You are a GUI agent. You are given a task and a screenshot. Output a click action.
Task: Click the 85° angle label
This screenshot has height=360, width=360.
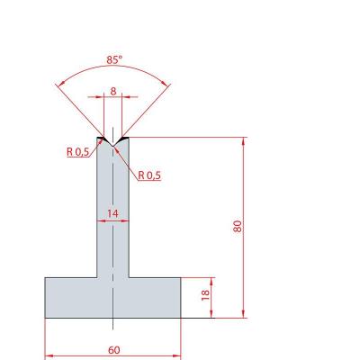point(114,60)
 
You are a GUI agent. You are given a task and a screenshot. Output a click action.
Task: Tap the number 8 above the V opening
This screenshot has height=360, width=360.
point(113,91)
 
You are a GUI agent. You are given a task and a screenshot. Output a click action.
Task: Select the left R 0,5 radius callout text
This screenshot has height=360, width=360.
point(77,152)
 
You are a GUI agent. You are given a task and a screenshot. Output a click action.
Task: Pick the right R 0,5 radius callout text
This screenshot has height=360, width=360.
point(149,175)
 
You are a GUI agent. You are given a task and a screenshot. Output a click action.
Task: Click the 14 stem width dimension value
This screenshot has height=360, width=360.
point(112,213)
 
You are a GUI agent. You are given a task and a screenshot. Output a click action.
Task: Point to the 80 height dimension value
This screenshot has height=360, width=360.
point(238,226)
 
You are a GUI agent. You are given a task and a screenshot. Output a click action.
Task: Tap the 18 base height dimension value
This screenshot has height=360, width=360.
point(205,295)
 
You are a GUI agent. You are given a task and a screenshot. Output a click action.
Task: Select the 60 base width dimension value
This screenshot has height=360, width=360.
point(113,350)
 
